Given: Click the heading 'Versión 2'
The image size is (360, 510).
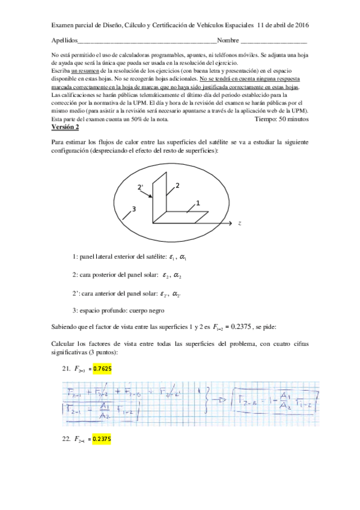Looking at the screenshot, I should pyautogui.click(x=66, y=127).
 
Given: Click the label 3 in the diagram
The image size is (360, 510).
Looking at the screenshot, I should pyautogui.click(x=134, y=209).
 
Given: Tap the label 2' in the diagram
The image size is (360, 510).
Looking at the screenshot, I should pyautogui.click(x=140, y=188).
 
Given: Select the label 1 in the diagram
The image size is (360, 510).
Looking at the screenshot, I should pyautogui.click(x=197, y=205).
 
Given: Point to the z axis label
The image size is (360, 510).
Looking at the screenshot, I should pyautogui.click(x=239, y=223).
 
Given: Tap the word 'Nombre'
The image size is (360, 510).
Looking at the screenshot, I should pyautogui.click(x=228, y=41).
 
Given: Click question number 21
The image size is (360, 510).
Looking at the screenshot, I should pyautogui.click(x=66, y=367).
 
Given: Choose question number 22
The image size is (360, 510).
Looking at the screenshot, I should pyautogui.click(x=66, y=439).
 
